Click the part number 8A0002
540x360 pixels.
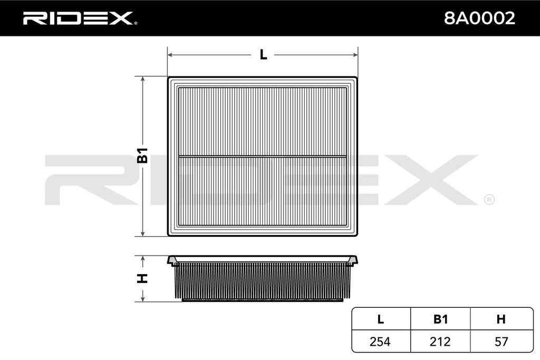479,18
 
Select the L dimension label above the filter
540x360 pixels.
263,54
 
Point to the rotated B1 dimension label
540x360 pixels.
142,155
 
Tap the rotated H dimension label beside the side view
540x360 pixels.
142,278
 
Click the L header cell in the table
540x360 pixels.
381,319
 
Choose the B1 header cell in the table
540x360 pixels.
440,319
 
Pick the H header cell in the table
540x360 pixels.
501,319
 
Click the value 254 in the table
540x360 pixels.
380,342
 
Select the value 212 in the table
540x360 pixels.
440,342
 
